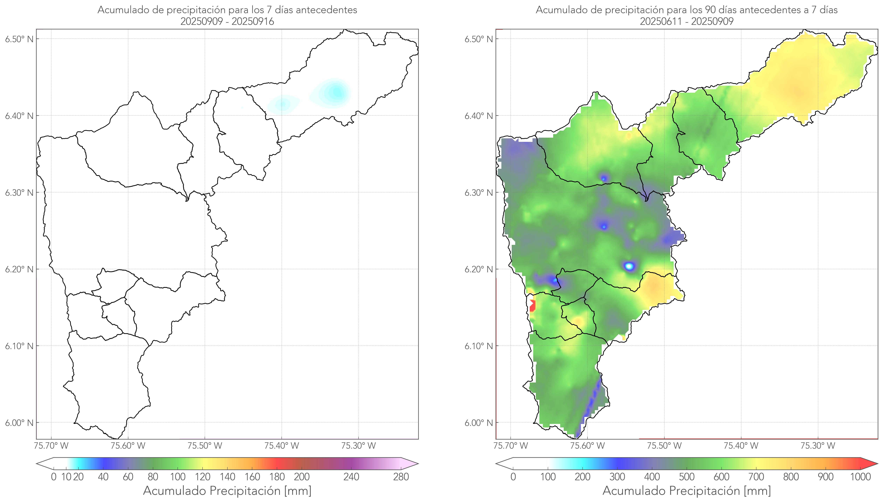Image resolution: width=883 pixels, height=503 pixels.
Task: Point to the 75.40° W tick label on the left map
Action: pyautogui.click(x=281, y=446)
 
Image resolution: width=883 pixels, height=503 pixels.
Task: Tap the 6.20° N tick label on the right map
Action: pyautogui.click(x=479, y=269)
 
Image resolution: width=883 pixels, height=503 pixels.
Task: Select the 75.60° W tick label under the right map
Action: pyautogui.click(x=587, y=446)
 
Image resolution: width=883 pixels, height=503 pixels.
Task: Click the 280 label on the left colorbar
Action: pyautogui.click(x=401, y=477)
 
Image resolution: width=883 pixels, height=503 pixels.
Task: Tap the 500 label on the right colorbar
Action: pyautogui.click(x=687, y=477)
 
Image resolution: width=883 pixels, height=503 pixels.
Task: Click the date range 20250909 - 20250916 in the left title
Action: pyautogui.click(x=227, y=21)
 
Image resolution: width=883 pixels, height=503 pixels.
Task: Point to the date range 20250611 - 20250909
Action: pyautogui.click(x=687, y=21)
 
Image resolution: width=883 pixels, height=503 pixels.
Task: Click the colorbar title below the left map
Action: pyautogui.click(x=227, y=491)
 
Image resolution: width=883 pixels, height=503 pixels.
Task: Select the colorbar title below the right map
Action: pyautogui.click(x=687, y=491)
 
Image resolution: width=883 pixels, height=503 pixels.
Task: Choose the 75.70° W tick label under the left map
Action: pyautogui.click(x=51, y=446)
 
